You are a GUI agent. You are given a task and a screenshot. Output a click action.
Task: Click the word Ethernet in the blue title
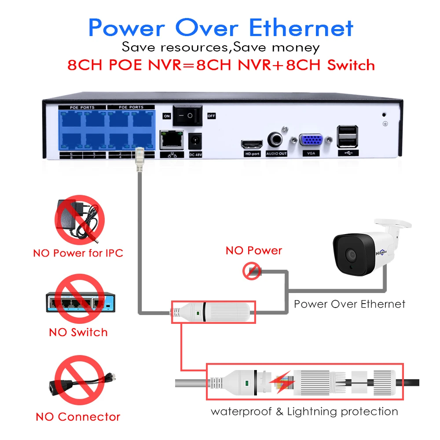301,28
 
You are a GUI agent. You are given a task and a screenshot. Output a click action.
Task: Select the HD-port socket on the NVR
252,144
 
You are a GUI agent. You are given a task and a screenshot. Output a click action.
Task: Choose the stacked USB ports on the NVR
347,136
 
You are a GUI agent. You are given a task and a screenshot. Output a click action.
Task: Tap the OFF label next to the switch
211,116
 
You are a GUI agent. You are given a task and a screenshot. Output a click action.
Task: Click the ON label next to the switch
166,116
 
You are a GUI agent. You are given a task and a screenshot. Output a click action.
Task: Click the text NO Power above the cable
253,251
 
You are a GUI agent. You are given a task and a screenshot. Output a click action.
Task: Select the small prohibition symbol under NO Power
252,271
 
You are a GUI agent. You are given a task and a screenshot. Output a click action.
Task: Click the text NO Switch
78,332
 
